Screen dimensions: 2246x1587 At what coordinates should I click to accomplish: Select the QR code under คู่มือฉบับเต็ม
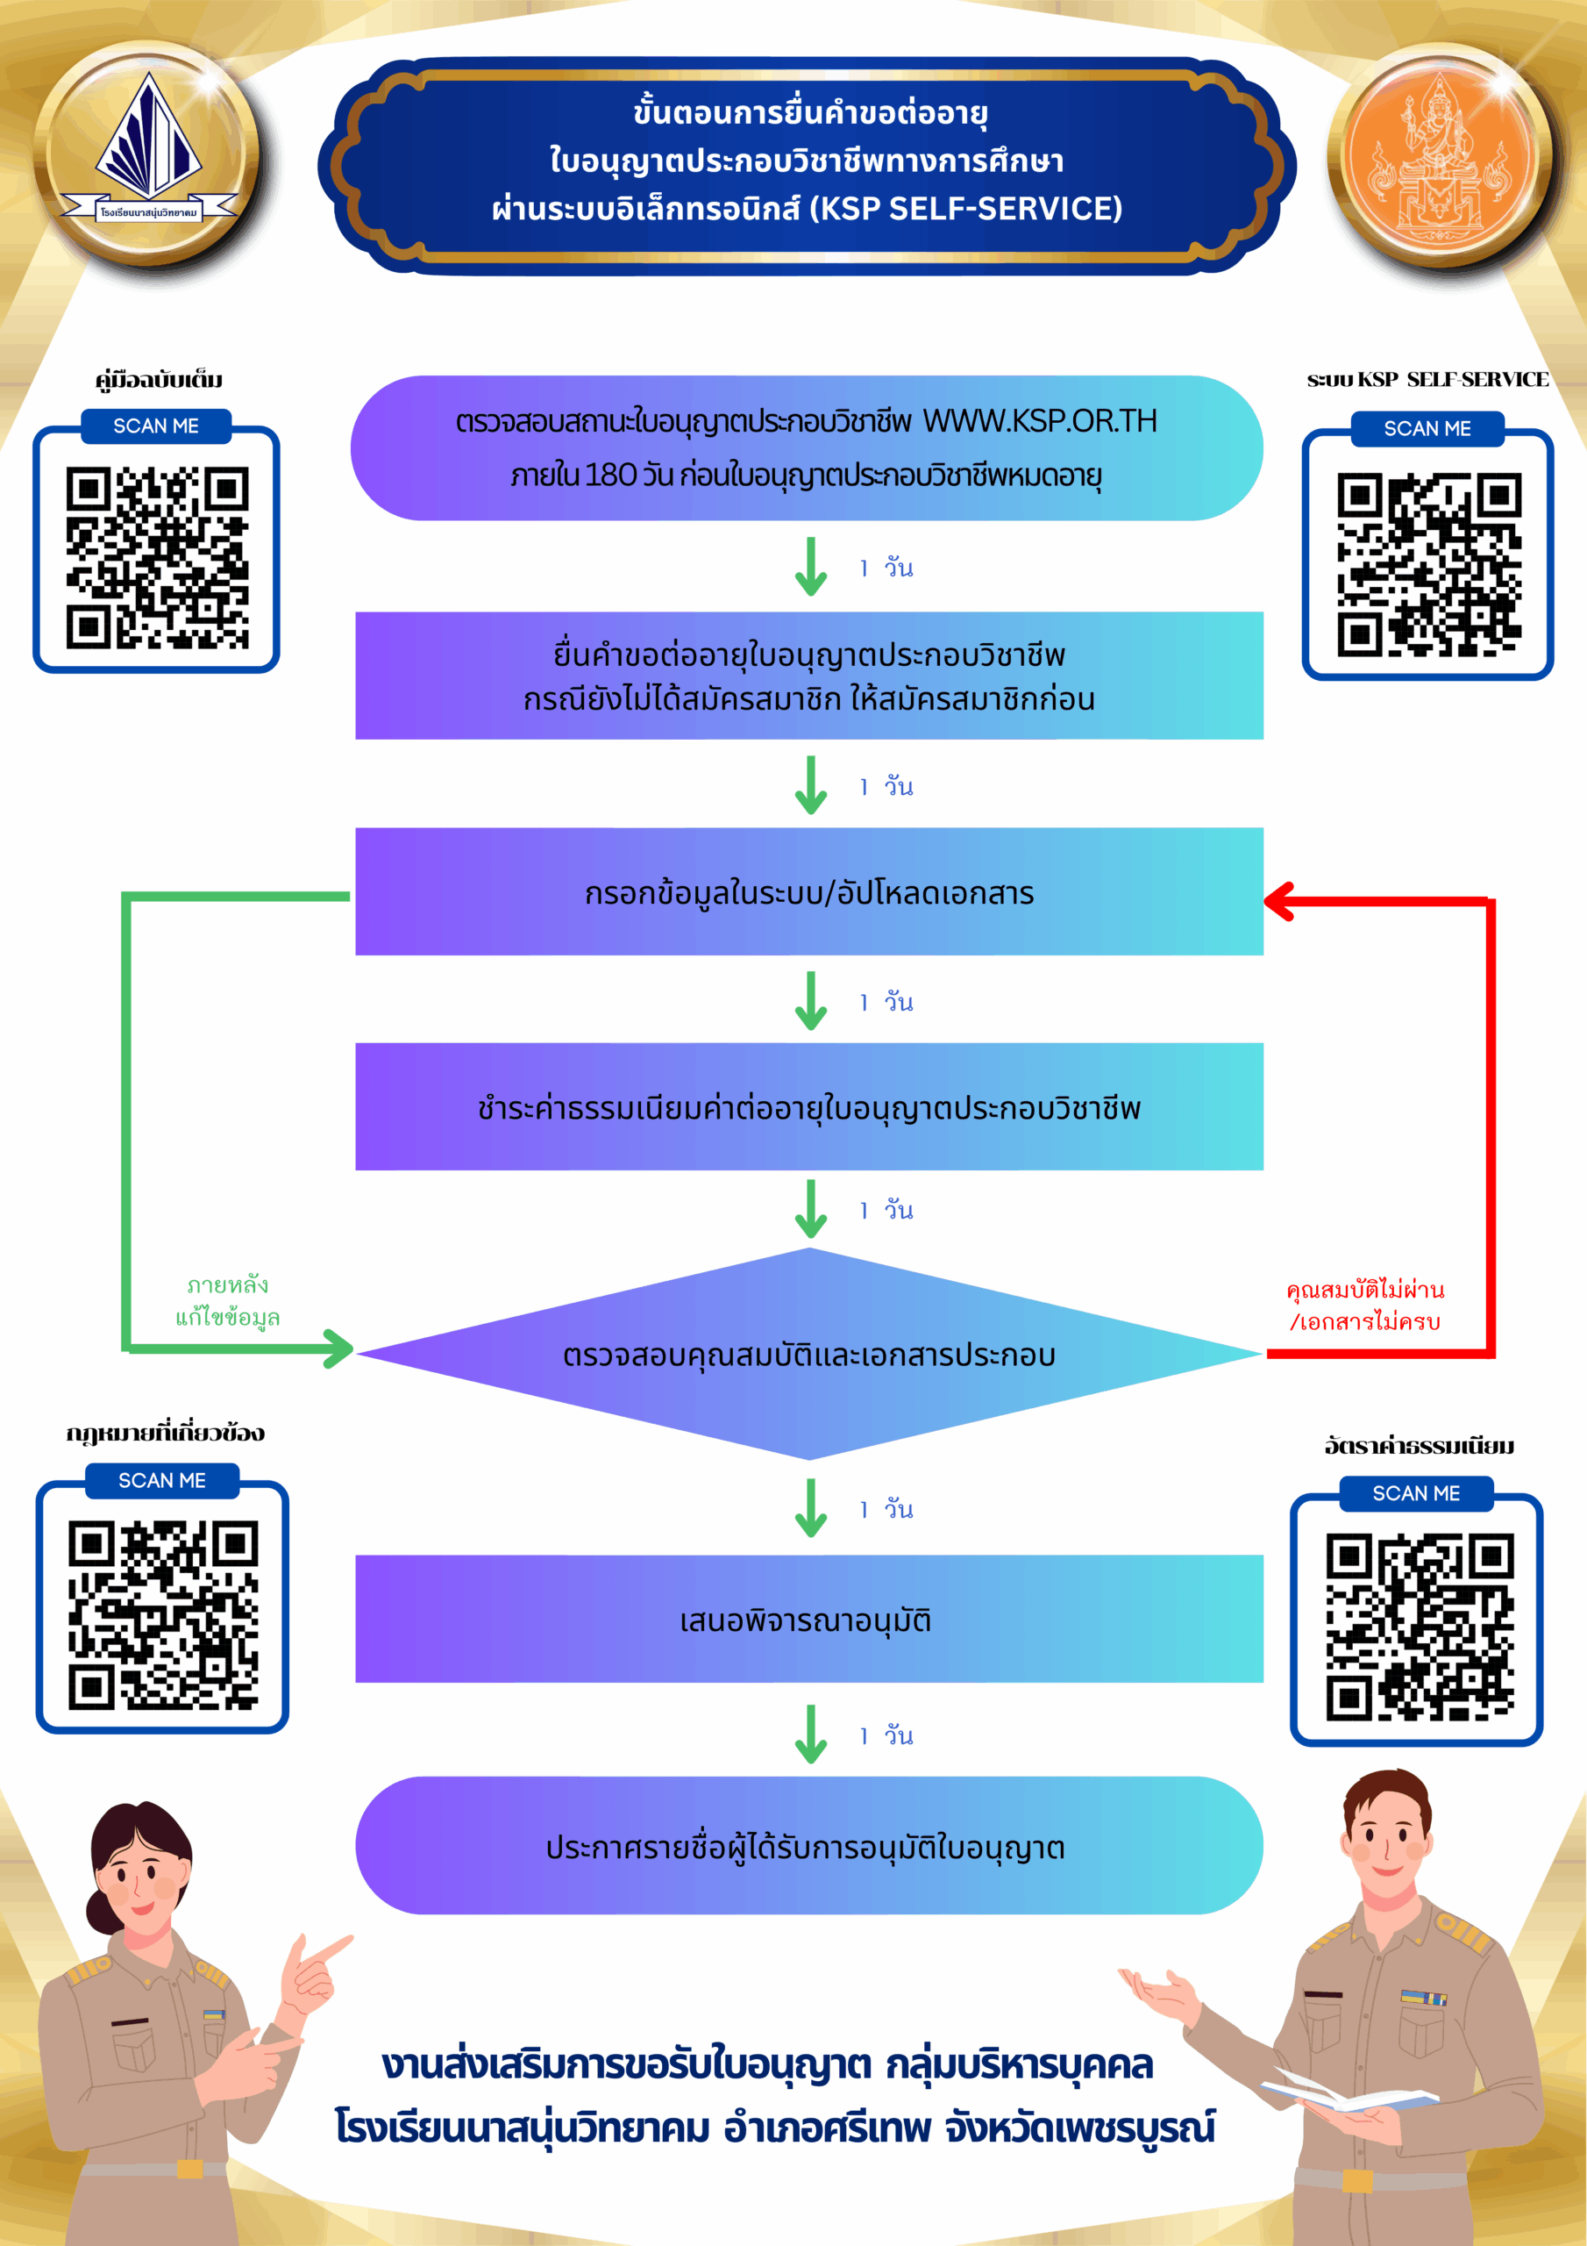[x=156, y=558]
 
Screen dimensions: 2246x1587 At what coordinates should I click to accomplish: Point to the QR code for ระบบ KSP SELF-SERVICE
[x=1428, y=564]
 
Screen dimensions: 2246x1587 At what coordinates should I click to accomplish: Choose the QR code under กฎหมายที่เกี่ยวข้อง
[x=162, y=1615]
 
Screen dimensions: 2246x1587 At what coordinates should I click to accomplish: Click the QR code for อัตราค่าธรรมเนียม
[x=1419, y=1627]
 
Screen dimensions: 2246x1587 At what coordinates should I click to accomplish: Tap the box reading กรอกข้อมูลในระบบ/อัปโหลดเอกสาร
[x=808, y=892]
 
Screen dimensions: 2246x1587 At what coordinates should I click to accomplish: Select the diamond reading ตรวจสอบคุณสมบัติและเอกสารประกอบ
[x=808, y=1355]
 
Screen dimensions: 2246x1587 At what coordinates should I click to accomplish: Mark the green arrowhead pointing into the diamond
[x=339, y=1349]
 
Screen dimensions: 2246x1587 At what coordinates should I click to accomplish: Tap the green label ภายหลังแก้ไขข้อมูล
[x=228, y=1301]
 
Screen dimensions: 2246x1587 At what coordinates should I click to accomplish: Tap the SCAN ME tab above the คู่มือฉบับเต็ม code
[x=156, y=426]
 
